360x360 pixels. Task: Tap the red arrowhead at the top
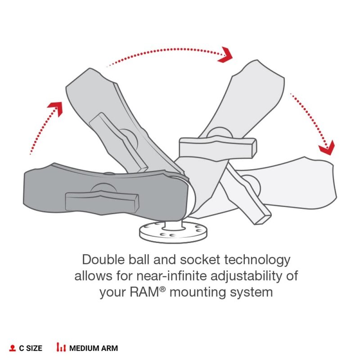coord(225,54)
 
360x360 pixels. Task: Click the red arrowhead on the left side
coord(55,108)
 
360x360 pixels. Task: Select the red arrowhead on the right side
coord(327,148)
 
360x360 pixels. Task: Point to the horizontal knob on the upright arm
coord(218,147)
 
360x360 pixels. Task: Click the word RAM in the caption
coord(144,292)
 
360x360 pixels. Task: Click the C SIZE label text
coord(31,348)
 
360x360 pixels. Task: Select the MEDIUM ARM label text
coord(94,348)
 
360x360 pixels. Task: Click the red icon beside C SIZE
coord(13,348)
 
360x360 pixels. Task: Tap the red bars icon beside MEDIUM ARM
coord(61,347)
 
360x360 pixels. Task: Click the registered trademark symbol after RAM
coord(162,289)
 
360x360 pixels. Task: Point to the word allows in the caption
coord(93,276)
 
